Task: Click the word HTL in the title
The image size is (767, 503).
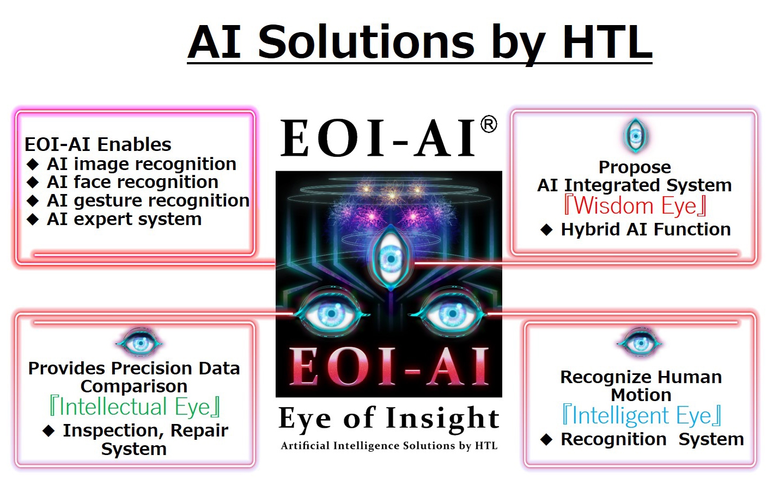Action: (607, 42)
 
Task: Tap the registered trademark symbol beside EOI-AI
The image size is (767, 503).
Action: (489, 124)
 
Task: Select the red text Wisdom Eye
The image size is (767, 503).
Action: (635, 205)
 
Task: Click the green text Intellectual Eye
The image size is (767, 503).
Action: (135, 407)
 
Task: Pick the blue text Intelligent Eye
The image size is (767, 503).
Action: (642, 415)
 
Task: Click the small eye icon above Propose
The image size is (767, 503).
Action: (636, 136)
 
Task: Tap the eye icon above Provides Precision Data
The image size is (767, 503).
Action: (139, 343)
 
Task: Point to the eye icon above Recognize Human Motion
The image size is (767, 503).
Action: (640, 343)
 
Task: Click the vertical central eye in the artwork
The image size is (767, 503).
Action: (391, 259)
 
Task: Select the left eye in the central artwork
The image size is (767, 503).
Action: (331, 313)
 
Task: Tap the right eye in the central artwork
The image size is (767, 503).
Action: (451, 313)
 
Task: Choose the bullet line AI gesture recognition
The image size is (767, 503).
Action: (138, 201)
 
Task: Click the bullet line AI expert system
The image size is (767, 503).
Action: (114, 219)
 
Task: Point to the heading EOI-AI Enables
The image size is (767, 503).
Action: (98, 144)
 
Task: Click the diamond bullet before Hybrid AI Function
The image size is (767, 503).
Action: (546, 229)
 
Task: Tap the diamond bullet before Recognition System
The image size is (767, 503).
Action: (546, 439)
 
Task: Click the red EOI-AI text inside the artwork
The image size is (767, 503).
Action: (389, 366)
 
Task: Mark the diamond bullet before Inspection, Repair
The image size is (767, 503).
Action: (48, 431)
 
